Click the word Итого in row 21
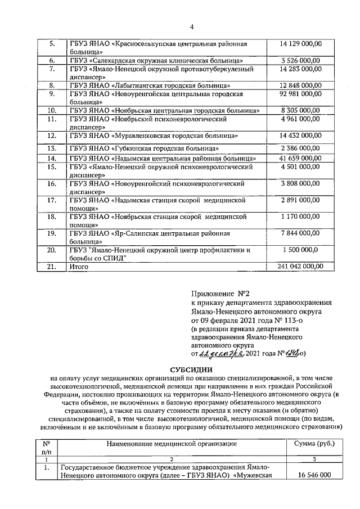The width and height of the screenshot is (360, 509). (x=79, y=267)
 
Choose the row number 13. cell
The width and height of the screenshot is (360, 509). (x=52, y=148)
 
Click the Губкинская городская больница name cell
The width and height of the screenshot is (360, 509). (x=143, y=148)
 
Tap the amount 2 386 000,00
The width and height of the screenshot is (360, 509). (x=300, y=148)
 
